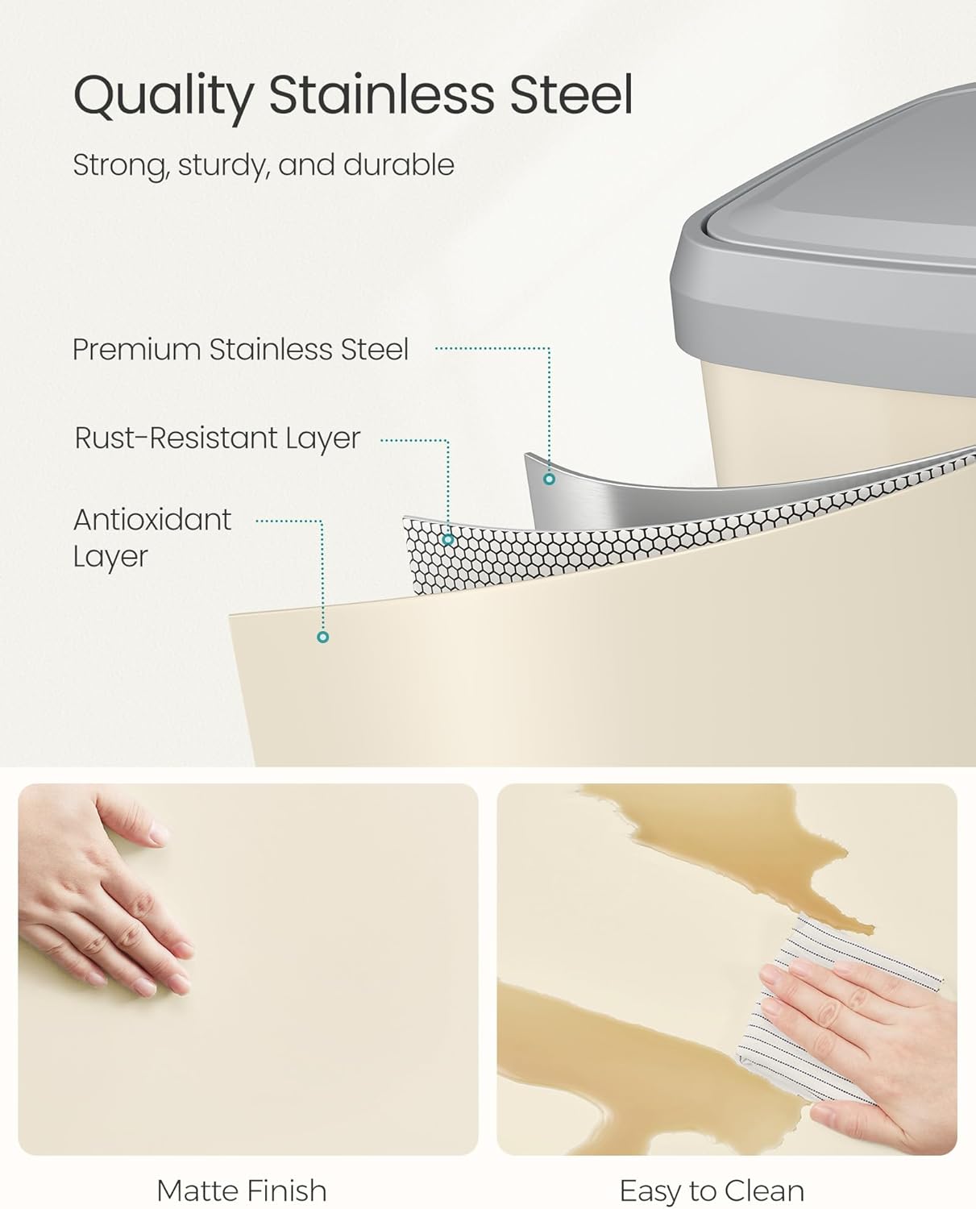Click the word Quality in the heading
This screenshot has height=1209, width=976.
(x=164, y=97)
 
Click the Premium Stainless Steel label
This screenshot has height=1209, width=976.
(x=241, y=349)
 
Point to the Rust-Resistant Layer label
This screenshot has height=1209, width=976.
(x=218, y=438)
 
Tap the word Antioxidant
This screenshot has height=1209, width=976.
(x=152, y=519)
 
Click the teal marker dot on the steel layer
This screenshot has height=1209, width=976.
(x=549, y=480)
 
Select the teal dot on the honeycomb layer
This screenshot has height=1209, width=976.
(x=448, y=539)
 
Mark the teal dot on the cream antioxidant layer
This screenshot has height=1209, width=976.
(x=323, y=637)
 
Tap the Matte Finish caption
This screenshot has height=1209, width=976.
(x=242, y=1190)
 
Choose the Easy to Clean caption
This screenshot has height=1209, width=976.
(x=712, y=1190)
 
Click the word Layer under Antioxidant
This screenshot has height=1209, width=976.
(x=110, y=556)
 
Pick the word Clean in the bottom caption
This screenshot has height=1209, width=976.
(x=764, y=1190)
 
